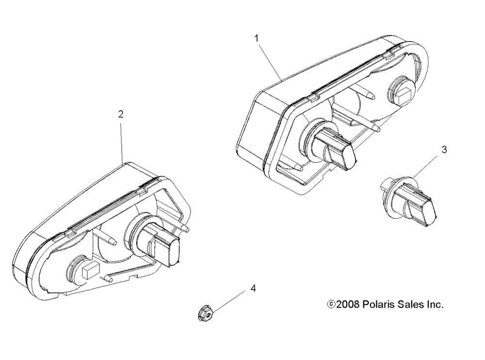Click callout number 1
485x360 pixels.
pos(257,38)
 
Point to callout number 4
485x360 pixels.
pos(253,288)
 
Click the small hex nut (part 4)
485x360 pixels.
pos(205,316)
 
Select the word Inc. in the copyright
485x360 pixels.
pos(436,305)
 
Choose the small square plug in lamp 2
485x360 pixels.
pos(90,270)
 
